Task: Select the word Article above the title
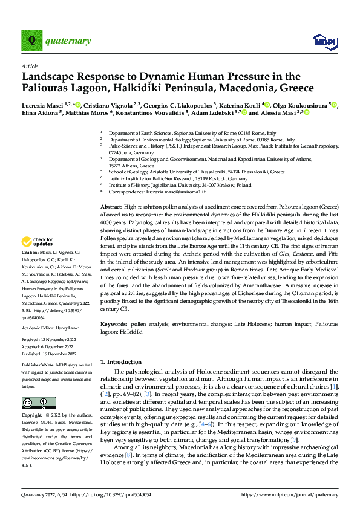(30, 65)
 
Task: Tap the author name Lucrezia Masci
(44, 104)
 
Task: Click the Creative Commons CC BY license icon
(38, 403)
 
